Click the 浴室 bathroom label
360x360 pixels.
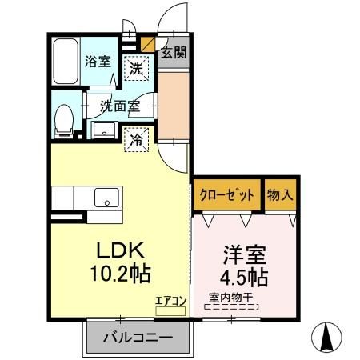99,61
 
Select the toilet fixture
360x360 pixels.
64,120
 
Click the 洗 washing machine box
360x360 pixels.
137,70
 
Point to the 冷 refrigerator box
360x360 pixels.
138,138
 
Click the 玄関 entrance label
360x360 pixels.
174,54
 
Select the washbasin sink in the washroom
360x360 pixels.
103,130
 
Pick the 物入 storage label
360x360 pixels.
280,194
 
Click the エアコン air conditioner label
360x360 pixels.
170,301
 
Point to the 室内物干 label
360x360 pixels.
231,297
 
